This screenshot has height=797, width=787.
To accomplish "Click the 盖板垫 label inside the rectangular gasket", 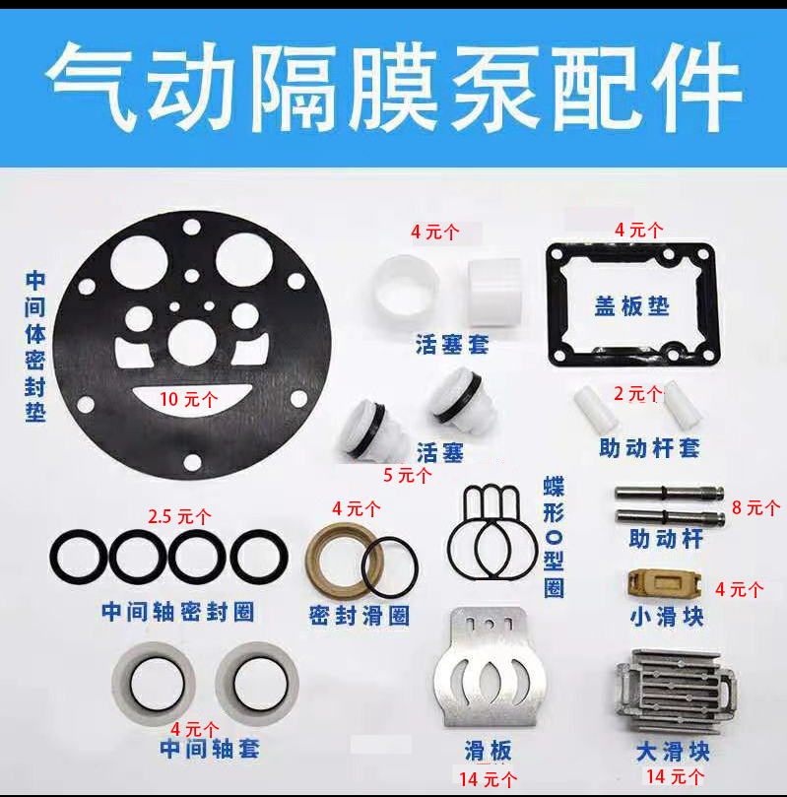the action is (632, 306).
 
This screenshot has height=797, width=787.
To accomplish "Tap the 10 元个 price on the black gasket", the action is (188, 400).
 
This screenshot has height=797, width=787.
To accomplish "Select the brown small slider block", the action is (665, 582).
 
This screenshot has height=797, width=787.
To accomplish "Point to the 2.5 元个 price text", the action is (179, 517).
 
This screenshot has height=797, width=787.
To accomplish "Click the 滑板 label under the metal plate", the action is (488, 751).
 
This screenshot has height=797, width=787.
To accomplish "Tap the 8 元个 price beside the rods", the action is (755, 507).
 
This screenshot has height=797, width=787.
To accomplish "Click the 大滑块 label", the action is (673, 752).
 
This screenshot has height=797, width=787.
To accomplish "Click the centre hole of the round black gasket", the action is (191, 343).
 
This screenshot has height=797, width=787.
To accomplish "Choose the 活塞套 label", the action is (452, 344).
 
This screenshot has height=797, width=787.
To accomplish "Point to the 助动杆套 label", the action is (649, 448).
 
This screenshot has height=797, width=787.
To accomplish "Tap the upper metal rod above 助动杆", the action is (669, 492).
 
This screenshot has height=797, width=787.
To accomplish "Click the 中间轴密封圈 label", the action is (178, 612).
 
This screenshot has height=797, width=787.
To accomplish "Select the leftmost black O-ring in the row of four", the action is (79, 557).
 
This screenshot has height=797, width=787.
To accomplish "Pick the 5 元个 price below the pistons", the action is (408, 475).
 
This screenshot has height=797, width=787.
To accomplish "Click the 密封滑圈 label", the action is (360, 616).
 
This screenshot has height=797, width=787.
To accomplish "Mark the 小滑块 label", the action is (667, 617).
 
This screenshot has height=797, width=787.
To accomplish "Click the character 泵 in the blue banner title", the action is (495, 87).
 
